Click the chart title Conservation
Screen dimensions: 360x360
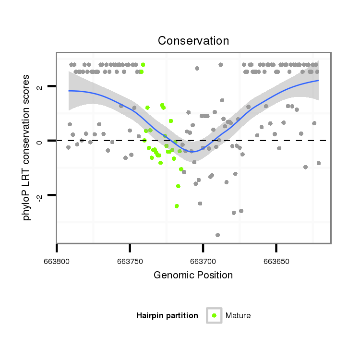193,41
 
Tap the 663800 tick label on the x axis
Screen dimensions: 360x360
57,262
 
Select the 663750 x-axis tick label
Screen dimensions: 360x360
130,262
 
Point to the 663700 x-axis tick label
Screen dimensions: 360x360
203,262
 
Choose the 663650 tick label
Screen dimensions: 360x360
276,262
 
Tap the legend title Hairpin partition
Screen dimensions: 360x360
167,316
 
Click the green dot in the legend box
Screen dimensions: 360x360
214,315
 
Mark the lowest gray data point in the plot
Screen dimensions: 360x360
217,235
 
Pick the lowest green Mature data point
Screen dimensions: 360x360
177,206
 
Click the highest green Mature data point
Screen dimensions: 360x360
143,65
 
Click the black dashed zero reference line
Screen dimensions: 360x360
288,141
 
